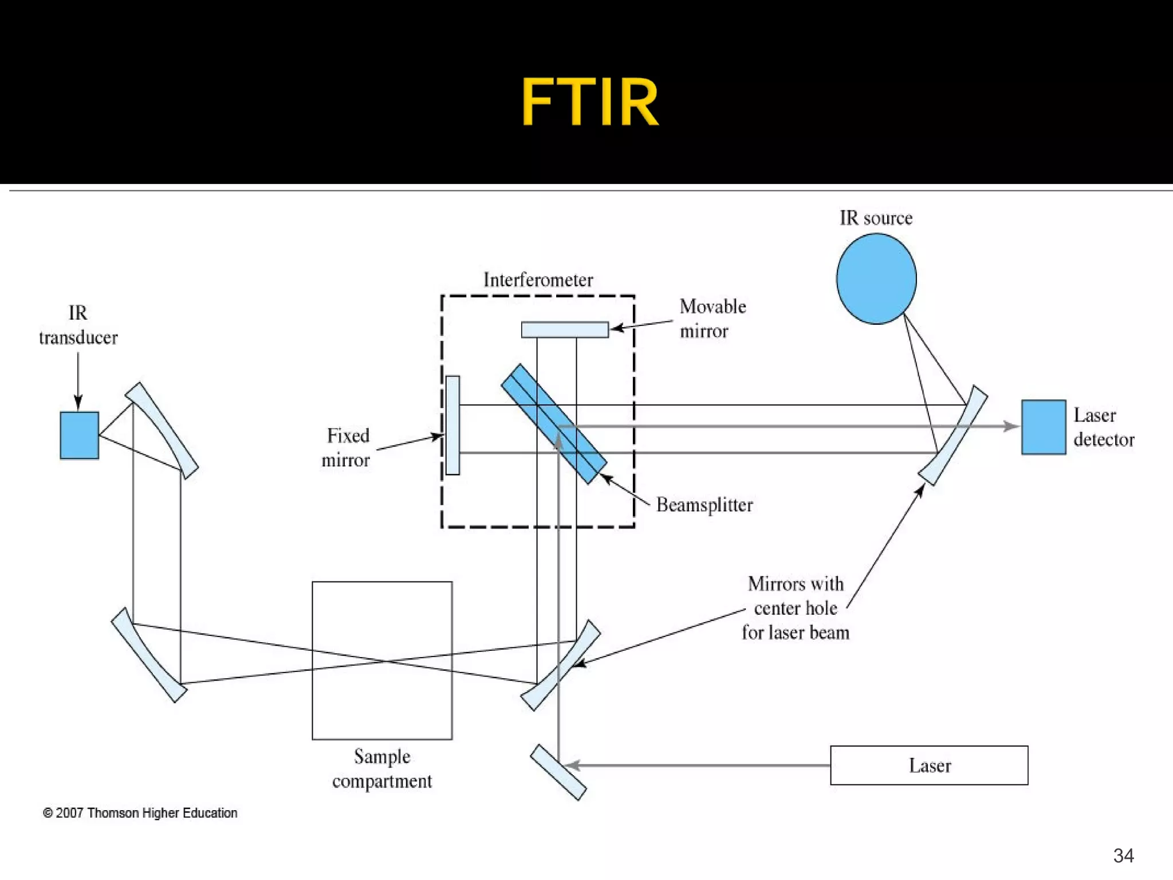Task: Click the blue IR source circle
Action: (x=876, y=279)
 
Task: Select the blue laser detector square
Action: (x=1043, y=427)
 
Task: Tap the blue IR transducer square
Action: (x=79, y=435)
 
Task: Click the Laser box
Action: (x=928, y=765)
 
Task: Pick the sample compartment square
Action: (x=382, y=660)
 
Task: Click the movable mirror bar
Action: (x=565, y=329)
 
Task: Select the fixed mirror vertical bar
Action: (x=452, y=425)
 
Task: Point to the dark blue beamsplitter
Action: (x=553, y=424)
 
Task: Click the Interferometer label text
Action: (x=538, y=280)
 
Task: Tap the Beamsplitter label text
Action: (x=704, y=505)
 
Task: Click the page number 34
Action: (x=1123, y=855)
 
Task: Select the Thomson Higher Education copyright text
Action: (x=140, y=812)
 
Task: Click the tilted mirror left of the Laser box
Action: (x=558, y=772)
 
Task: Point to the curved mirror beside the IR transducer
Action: (x=162, y=430)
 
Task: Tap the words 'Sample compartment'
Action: (x=382, y=769)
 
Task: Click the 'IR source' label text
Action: (x=876, y=218)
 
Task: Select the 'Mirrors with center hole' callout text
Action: (x=796, y=608)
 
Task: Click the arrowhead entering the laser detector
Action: (x=1011, y=426)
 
